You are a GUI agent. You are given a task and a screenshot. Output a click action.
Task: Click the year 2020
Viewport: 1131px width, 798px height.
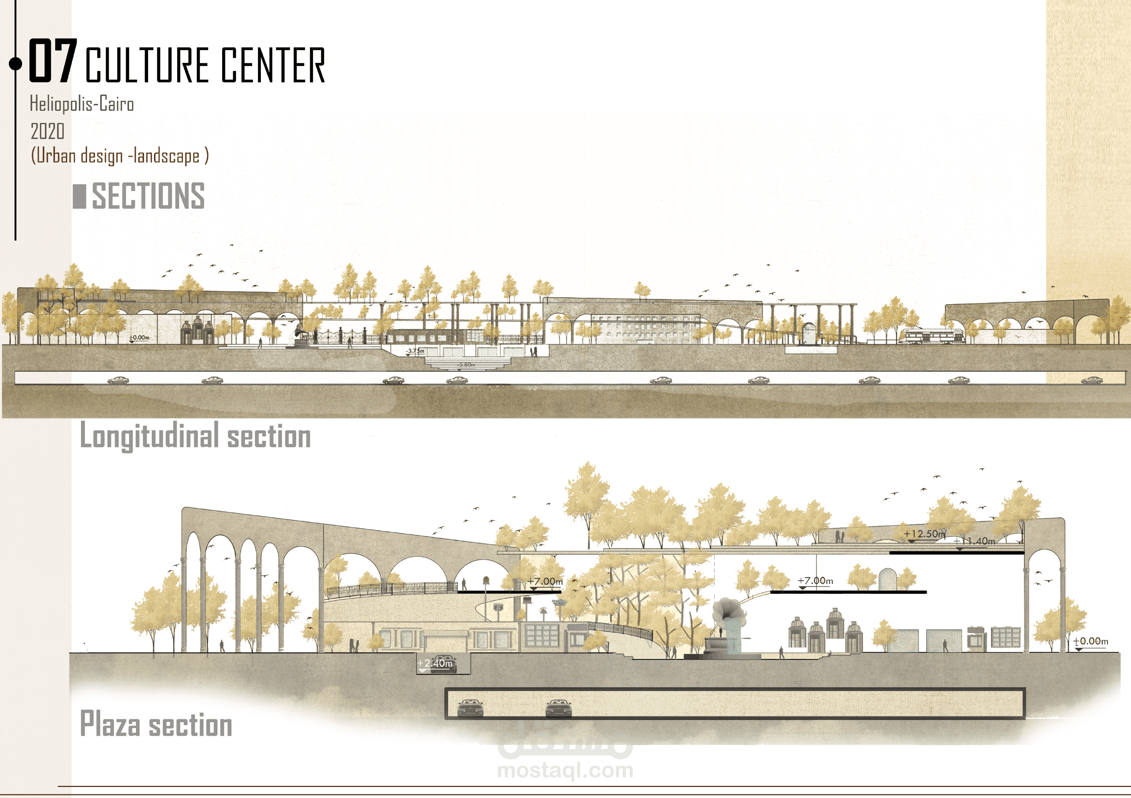click(47, 131)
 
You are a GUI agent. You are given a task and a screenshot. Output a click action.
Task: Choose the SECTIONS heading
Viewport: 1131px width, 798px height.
click(148, 196)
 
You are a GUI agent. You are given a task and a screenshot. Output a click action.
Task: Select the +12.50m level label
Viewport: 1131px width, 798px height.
click(924, 534)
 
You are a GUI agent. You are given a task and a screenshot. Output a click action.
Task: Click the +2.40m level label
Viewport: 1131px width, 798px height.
click(435, 663)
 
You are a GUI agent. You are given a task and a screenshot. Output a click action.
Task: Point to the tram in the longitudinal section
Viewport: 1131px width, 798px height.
click(931, 336)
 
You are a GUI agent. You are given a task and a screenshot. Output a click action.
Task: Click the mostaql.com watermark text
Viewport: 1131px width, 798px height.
click(565, 770)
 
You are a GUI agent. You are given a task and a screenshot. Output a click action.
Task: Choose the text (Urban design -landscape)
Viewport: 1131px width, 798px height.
click(120, 156)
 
